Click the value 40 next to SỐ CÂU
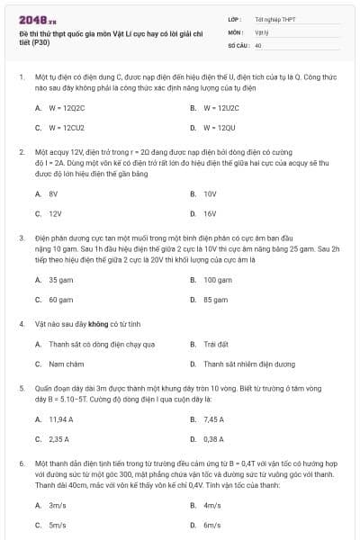click(258, 44)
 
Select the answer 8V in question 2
click(53, 193)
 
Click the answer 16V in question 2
click(210, 214)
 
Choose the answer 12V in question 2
click(55, 214)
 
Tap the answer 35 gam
click(60, 280)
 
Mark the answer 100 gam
click(217, 280)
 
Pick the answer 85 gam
click(215, 299)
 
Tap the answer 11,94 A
click(61, 418)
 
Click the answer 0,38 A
click(213, 439)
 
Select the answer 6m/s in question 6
click(212, 525)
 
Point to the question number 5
click(21, 387)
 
